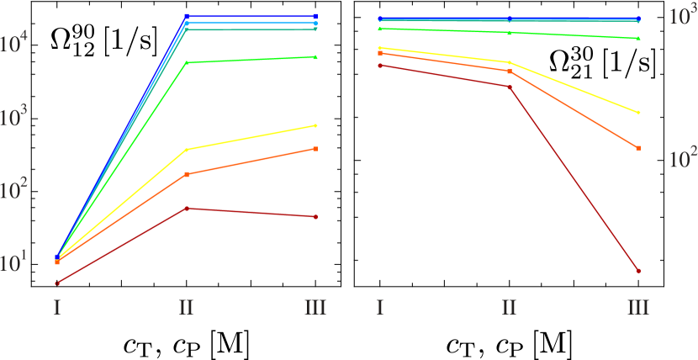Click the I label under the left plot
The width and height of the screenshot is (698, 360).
[x=57, y=307]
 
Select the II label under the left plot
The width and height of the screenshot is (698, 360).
[x=186, y=307]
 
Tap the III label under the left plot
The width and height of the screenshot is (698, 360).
[x=315, y=307]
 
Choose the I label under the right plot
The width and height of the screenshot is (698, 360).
[x=380, y=307]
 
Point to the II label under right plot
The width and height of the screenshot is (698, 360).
[x=509, y=307]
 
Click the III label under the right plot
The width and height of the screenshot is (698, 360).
[x=638, y=307]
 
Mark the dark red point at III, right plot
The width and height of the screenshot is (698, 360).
[x=638, y=271]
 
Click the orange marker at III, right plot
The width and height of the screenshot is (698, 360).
[x=638, y=148]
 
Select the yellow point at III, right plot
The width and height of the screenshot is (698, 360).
[x=638, y=113]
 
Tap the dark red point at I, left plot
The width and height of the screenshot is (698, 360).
[x=57, y=283]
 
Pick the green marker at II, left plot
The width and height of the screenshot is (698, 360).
[x=186, y=63]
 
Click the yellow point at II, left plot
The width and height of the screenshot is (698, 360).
[x=186, y=150]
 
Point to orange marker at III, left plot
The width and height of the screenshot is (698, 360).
[x=315, y=149]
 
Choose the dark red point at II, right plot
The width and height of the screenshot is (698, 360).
[x=510, y=87]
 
